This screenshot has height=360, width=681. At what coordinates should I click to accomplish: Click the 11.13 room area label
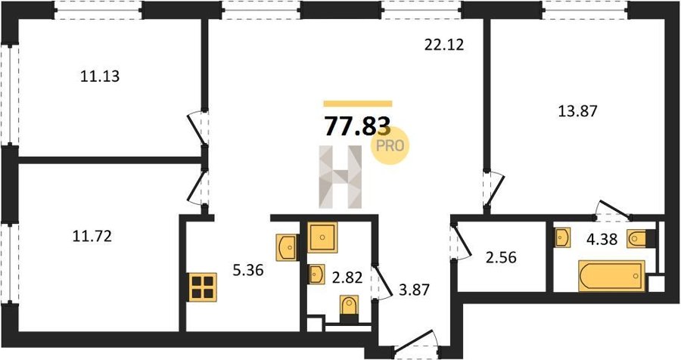tap(100, 76)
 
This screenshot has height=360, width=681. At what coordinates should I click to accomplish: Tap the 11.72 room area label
tap(92, 236)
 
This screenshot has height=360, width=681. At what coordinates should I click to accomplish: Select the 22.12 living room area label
tap(444, 45)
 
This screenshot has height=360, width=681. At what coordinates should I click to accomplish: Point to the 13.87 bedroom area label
tap(577, 111)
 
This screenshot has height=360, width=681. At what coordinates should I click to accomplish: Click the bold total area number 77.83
tap(358, 127)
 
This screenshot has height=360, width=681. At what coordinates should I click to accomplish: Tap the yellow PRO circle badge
tap(390, 145)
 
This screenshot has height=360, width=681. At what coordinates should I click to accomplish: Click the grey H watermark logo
tap(340, 176)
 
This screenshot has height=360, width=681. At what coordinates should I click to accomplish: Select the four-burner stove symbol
tap(203, 287)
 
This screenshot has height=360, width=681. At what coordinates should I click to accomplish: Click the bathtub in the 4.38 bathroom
tap(611, 276)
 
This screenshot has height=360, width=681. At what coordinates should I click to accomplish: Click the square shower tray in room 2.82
tap(322, 237)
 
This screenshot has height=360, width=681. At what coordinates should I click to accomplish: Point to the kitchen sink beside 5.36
tap(287, 247)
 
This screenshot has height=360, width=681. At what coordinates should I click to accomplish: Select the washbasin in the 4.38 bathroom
tap(562, 238)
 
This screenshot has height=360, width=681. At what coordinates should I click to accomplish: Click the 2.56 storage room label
tap(502, 257)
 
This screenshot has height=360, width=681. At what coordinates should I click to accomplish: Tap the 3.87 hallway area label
tap(414, 289)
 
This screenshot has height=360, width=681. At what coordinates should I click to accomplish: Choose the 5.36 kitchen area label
tap(248, 270)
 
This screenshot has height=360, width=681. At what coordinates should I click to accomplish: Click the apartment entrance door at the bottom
tap(415, 343)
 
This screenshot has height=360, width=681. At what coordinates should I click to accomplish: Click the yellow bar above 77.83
tap(358, 104)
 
